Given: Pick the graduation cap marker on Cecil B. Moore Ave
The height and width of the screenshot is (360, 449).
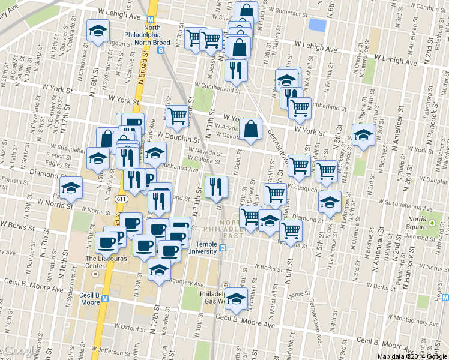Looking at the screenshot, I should [237, 300].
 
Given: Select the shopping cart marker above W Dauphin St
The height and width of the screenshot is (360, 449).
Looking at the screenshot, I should [177, 116].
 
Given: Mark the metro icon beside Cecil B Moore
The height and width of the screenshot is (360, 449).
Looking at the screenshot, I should [105, 298].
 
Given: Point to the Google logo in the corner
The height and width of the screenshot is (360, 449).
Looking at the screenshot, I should [18, 351].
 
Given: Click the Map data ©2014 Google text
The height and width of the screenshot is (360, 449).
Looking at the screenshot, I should [412, 356].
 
